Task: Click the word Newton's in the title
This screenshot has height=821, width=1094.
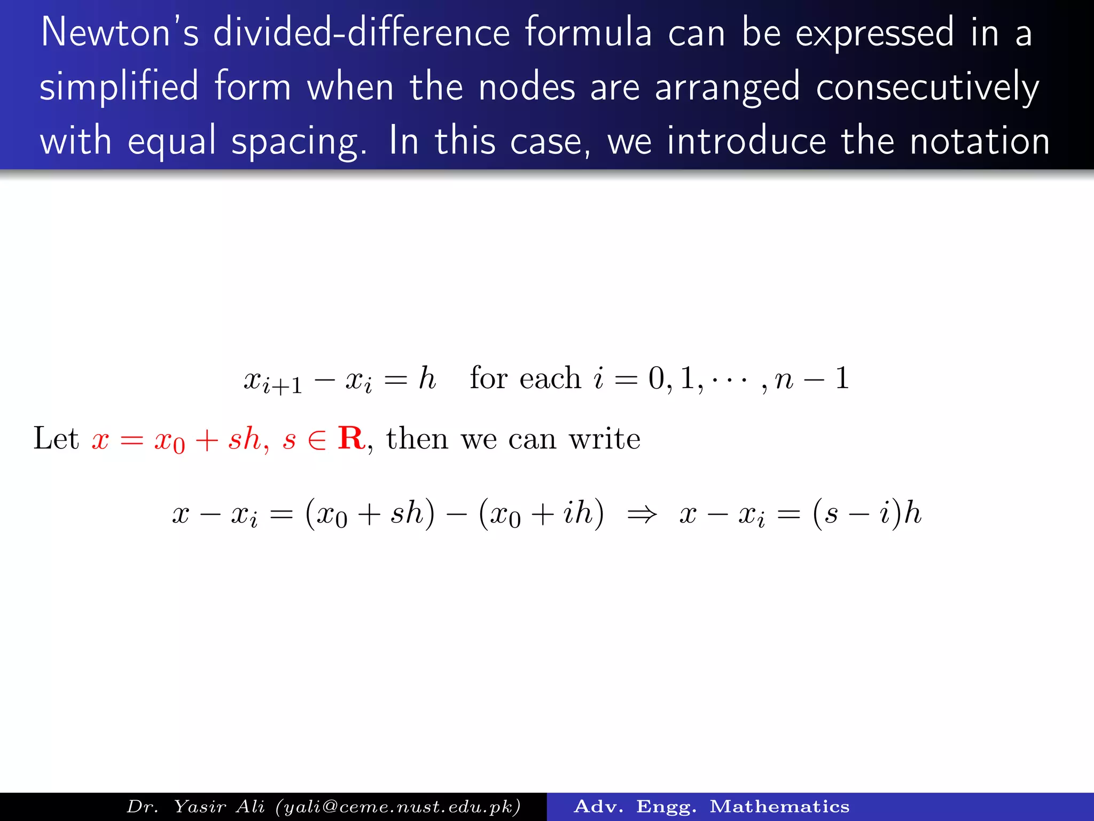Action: coord(120,33)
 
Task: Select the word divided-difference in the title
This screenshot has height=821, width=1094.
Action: coord(361,33)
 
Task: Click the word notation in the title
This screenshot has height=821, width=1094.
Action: coord(980,141)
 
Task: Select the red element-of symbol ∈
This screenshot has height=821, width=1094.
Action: coord(317,440)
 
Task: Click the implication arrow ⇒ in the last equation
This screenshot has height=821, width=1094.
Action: coord(642,515)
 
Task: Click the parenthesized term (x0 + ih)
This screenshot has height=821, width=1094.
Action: coord(541,514)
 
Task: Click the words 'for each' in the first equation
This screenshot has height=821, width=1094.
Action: coord(525,378)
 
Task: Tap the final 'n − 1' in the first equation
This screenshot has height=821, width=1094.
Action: coord(812,378)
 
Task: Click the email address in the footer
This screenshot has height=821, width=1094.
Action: coord(398,807)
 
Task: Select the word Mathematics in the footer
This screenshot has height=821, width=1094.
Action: coord(779,807)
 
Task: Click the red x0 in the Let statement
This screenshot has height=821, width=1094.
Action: coord(169,440)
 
